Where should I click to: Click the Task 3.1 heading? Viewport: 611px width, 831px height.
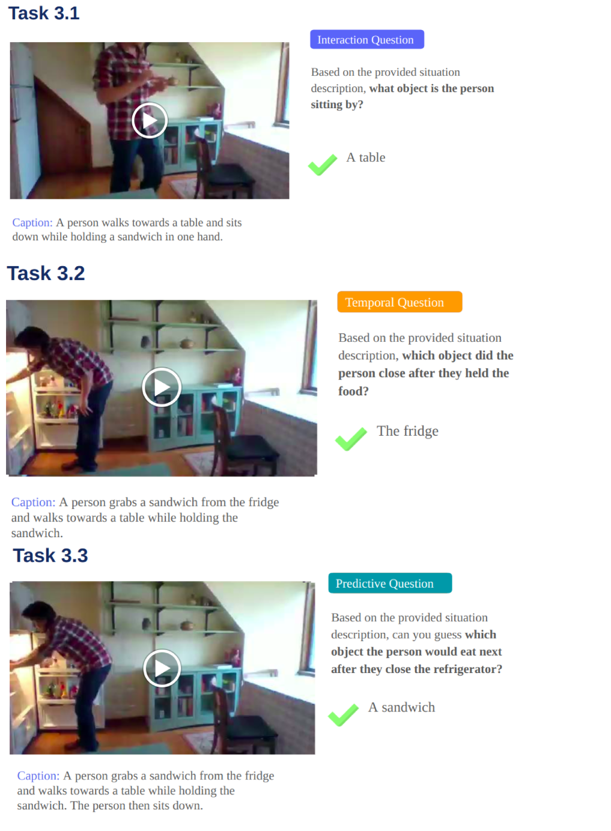coord(44,13)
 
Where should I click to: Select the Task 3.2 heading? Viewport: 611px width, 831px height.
coord(46,273)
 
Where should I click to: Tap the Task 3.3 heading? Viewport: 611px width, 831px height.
coord(50,555)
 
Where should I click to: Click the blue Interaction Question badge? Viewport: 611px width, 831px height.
coord(367,39)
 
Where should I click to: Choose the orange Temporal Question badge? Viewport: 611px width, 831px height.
coord(400,302)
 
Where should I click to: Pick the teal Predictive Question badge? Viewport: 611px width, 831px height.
coord(390,583)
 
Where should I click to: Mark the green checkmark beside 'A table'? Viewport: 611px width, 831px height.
coord(323,165)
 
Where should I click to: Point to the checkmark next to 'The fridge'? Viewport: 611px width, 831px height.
coord(351,439)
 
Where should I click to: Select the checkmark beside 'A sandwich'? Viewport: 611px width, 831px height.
coord(343,715)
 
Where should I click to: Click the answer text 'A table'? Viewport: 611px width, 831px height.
coord(366,157)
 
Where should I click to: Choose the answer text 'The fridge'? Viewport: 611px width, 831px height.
coord(407,431)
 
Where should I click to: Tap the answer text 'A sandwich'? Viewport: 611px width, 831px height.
coord(401,707)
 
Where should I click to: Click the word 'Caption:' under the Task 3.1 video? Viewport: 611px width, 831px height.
coord(32,222)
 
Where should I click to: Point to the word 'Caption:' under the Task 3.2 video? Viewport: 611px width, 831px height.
coord(33,502)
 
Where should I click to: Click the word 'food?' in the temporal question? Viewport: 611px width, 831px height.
coord(353,391)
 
